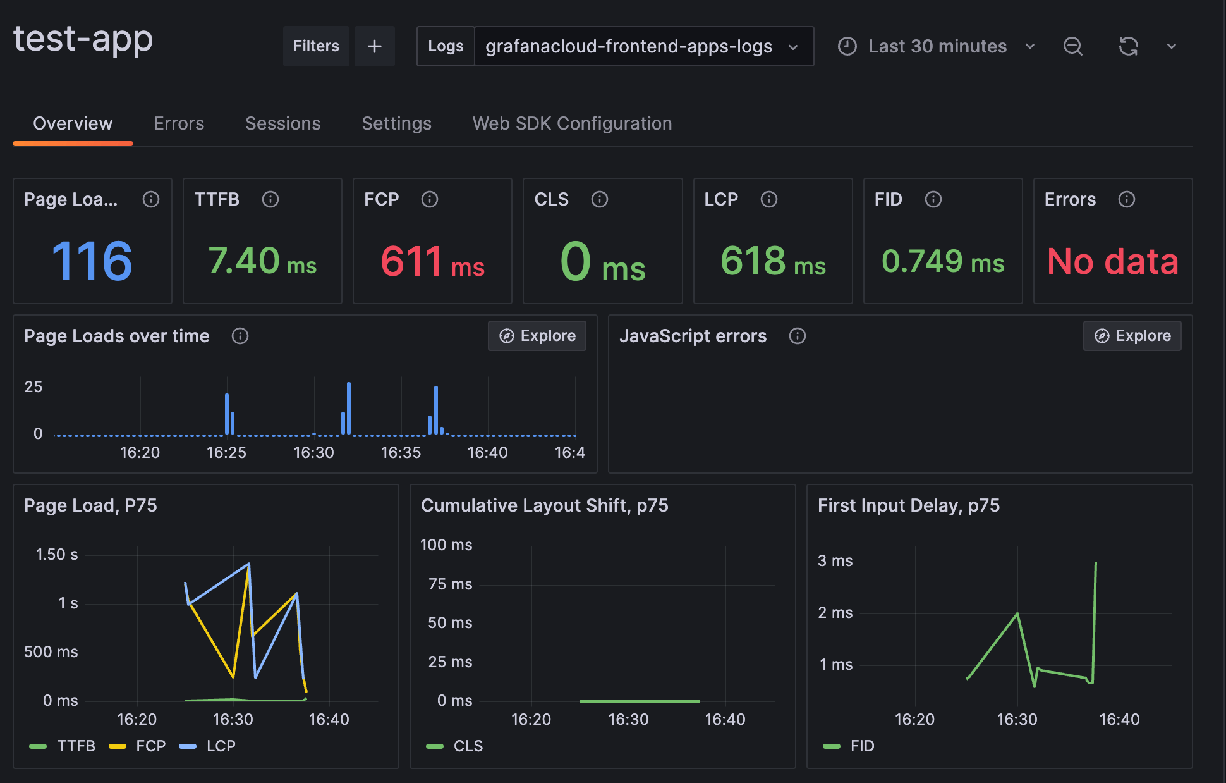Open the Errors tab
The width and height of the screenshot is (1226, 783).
pyautogui.click(x=179, y=123)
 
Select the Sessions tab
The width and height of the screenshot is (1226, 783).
pyautogui.click(x=282, y=123)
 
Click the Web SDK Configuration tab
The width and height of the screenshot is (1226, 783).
pyautogui.click(x=572, y=123)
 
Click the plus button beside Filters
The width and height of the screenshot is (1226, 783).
pyautogui.click(x=374, y=46)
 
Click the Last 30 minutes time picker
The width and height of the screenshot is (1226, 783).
pyautogui.click(x=937, y=46)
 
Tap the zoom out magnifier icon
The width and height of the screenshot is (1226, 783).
pyautogui.click(x=1072, y=46)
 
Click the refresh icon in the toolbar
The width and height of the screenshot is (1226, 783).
pyautogui.click(x=1128, y=46)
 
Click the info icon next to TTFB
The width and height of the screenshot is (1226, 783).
pyautogui.click(x=270, y=199)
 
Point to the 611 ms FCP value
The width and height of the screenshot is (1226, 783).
pyautogui.click(x=432, y=261)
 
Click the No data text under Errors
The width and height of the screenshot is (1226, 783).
pyautogui.click(x=1112, y=261)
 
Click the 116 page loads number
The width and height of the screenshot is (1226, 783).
pyautogui.click(x=92, y=261)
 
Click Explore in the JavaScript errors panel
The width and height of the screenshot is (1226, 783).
pyautogui.click(x=1132, y=336)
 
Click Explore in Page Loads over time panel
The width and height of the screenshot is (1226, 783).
pyautogui.click(x=537, y=336)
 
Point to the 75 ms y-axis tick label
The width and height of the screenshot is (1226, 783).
pyautogui.click(x=450, y=584)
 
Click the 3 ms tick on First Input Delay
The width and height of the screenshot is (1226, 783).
pyautogui.click(x=835, y=561)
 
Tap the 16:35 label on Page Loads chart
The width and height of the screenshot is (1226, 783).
pyautogui.click(x=401, y=453)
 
